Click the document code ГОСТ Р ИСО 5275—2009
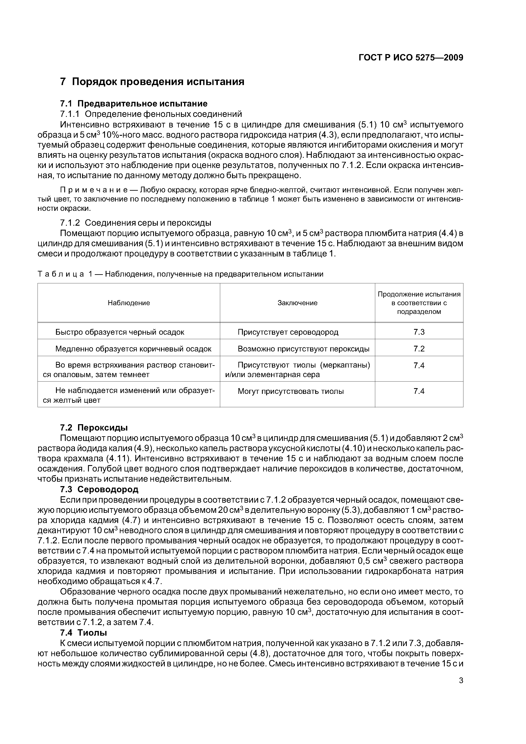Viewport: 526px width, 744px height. click(411, 58)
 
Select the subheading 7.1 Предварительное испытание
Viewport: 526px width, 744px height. click(134, 104)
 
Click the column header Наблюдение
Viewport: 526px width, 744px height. click(129, 303)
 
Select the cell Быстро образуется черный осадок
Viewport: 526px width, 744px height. click(120, 332)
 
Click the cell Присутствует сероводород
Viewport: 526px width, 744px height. click(288, 332)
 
